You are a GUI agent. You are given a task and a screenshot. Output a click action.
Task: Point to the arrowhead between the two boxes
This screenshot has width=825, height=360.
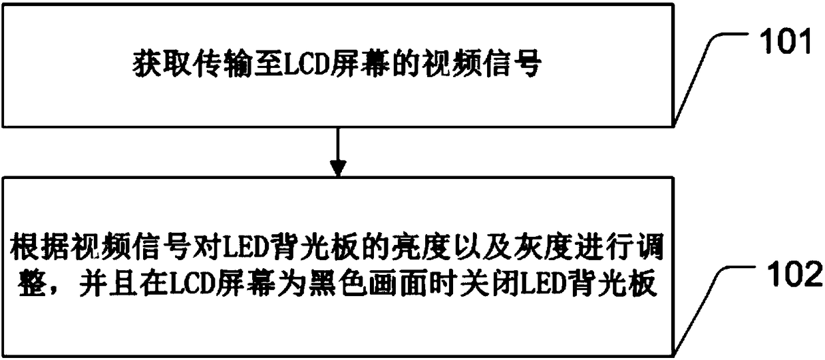[339, 168]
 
